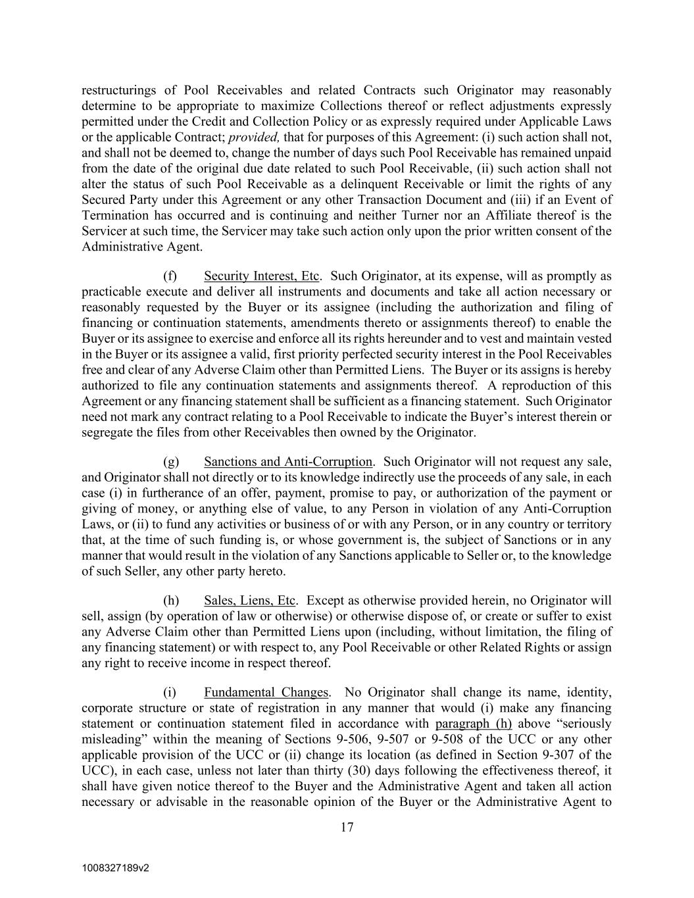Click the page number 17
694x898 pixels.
[x=347, y=828]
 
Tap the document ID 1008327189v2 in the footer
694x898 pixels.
[x=116, y=868]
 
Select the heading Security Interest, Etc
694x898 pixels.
[x=261, y=276]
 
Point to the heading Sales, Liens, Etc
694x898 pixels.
[x=249, y=600]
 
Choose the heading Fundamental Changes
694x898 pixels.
[x=266, y=692]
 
